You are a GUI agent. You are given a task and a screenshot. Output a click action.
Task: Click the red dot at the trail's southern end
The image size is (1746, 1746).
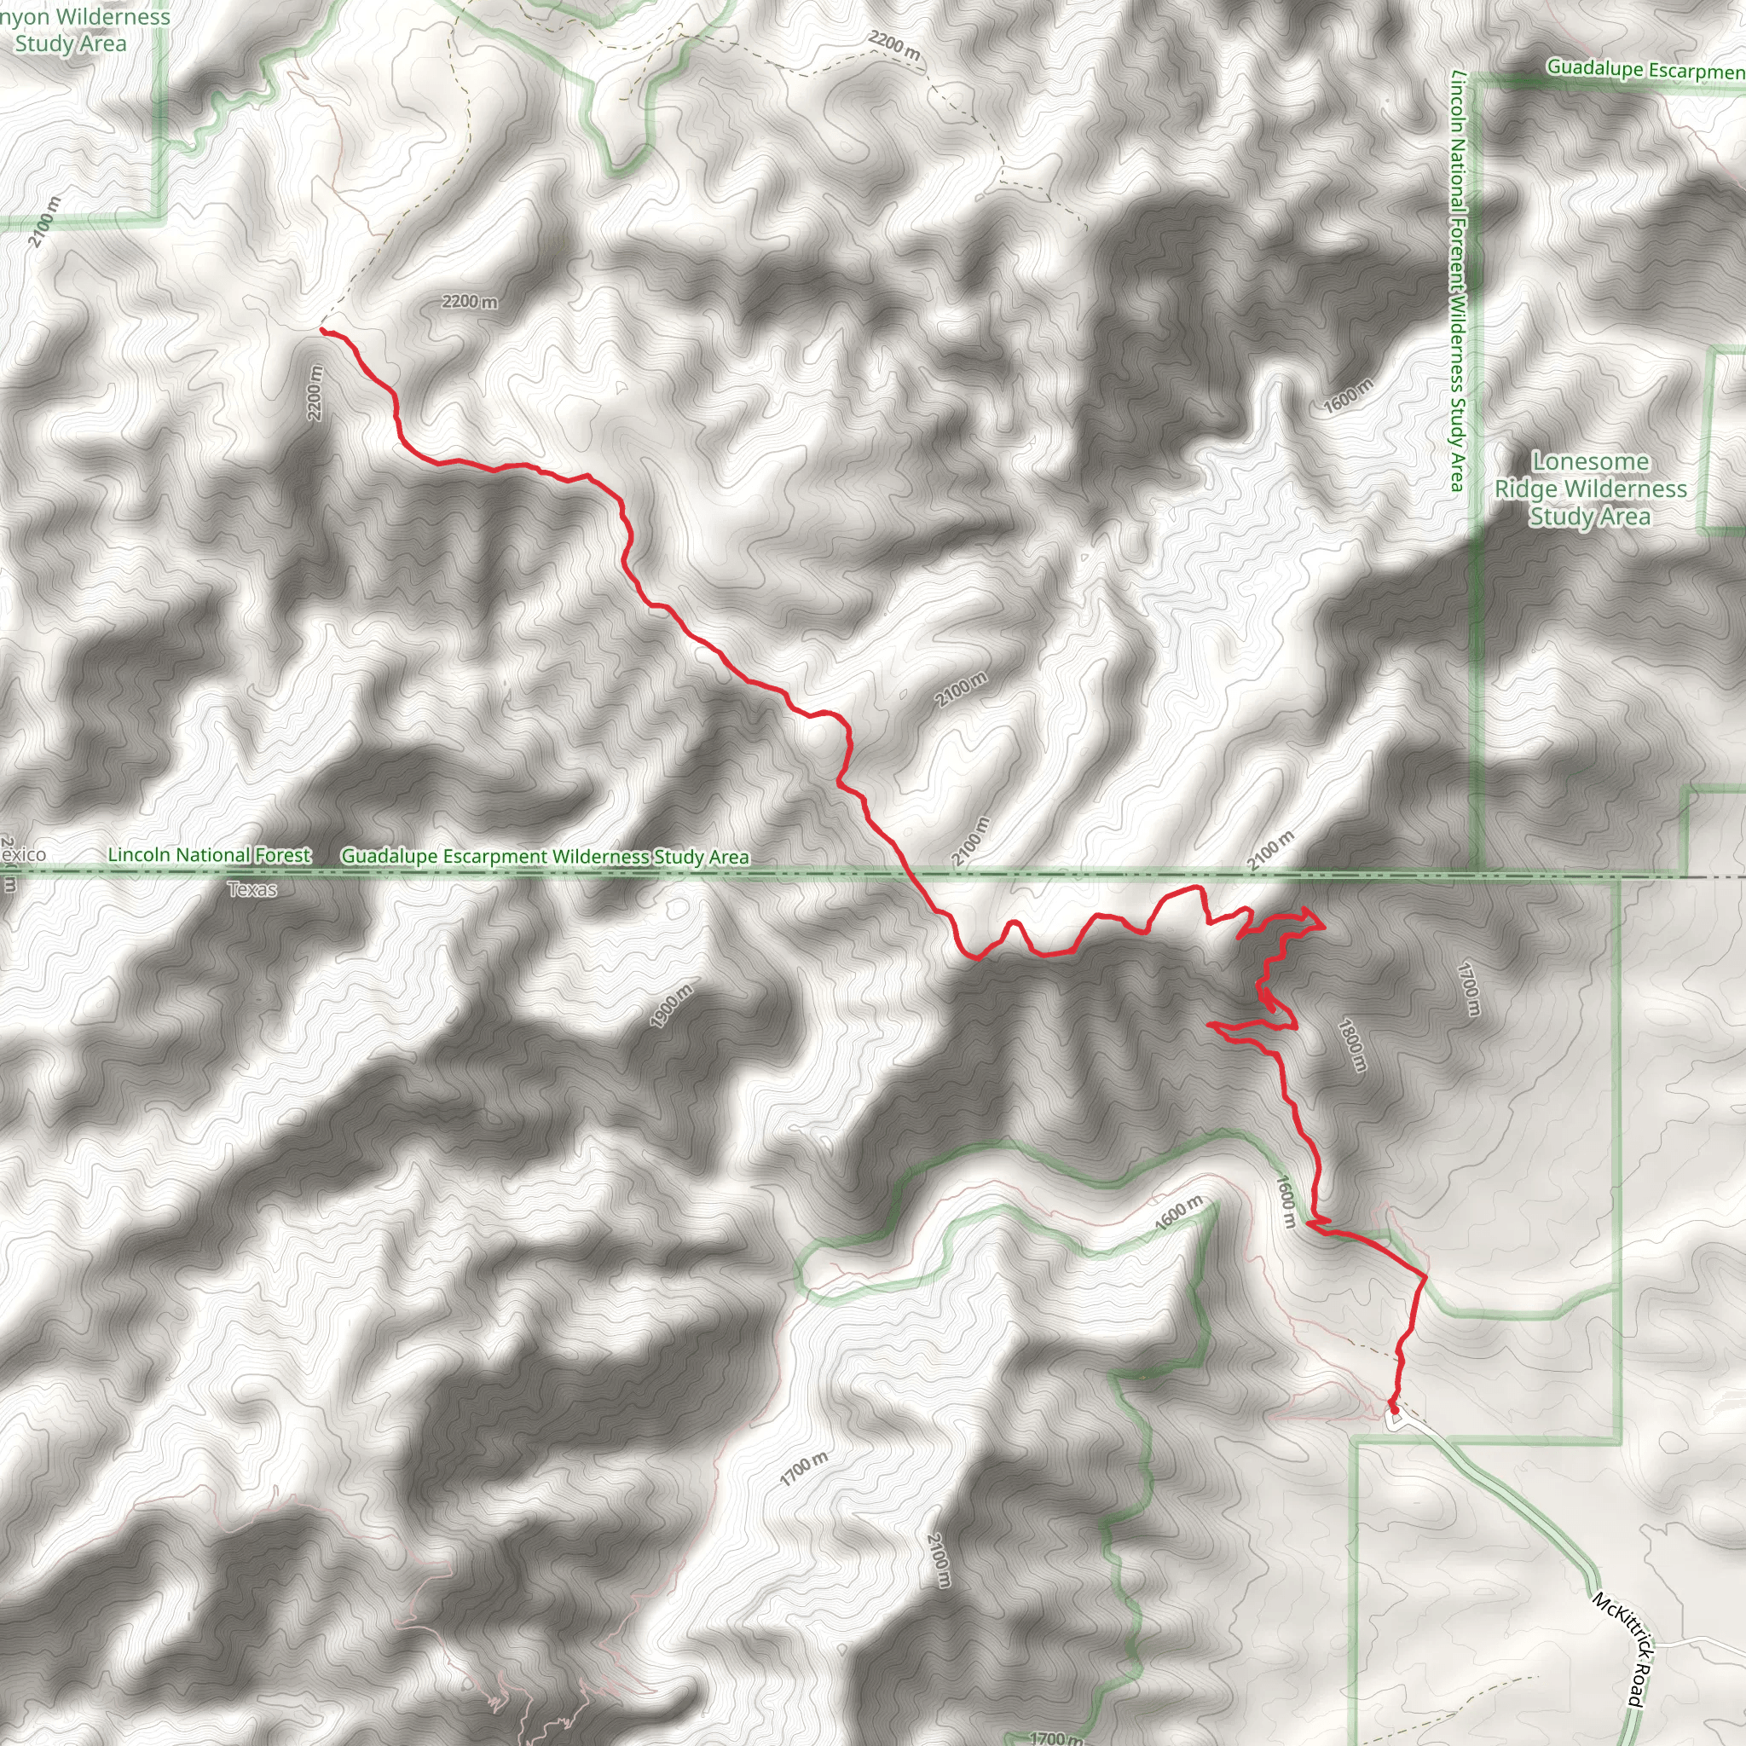[x=1394, y=1409]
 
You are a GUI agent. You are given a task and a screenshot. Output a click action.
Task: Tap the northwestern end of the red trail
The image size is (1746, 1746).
[x=322, y=331]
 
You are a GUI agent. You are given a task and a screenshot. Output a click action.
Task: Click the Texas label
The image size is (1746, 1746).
[x=252, y=889]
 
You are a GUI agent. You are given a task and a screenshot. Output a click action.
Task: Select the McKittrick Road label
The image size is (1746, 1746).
[x=1622, y=1649]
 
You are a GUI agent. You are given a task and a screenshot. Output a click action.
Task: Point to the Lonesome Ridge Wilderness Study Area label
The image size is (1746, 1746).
[x=1591, y=489]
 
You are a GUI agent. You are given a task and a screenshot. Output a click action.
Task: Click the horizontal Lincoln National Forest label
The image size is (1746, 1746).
[x=209, y=854]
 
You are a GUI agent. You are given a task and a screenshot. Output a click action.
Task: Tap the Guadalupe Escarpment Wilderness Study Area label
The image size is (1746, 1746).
[x=545, y=856]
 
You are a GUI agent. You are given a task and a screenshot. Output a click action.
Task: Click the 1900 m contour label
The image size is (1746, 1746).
[x=672, y=1005]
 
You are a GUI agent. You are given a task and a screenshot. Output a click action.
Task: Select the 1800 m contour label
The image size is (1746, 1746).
[x=1351, y=1044]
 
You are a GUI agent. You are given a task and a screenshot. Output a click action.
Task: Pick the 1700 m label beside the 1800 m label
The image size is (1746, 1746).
[x=1470, y=988]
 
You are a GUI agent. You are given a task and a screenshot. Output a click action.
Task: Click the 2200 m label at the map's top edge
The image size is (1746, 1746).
[x=893, y=46]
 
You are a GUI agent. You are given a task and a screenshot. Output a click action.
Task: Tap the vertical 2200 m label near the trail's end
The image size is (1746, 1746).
[x=315, y=392]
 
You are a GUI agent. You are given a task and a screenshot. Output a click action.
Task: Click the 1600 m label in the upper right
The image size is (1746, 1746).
[x=1348, y=396]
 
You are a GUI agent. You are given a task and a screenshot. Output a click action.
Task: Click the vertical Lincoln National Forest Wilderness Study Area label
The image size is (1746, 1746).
[x=1456, y=280]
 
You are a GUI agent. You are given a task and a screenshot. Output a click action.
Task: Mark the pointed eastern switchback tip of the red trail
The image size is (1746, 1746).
[x=1324, y=925]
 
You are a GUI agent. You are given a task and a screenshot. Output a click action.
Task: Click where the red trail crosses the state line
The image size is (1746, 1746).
[x=906, y=874]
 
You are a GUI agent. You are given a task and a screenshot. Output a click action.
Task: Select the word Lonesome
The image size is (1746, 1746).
[x=1591, y=462]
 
